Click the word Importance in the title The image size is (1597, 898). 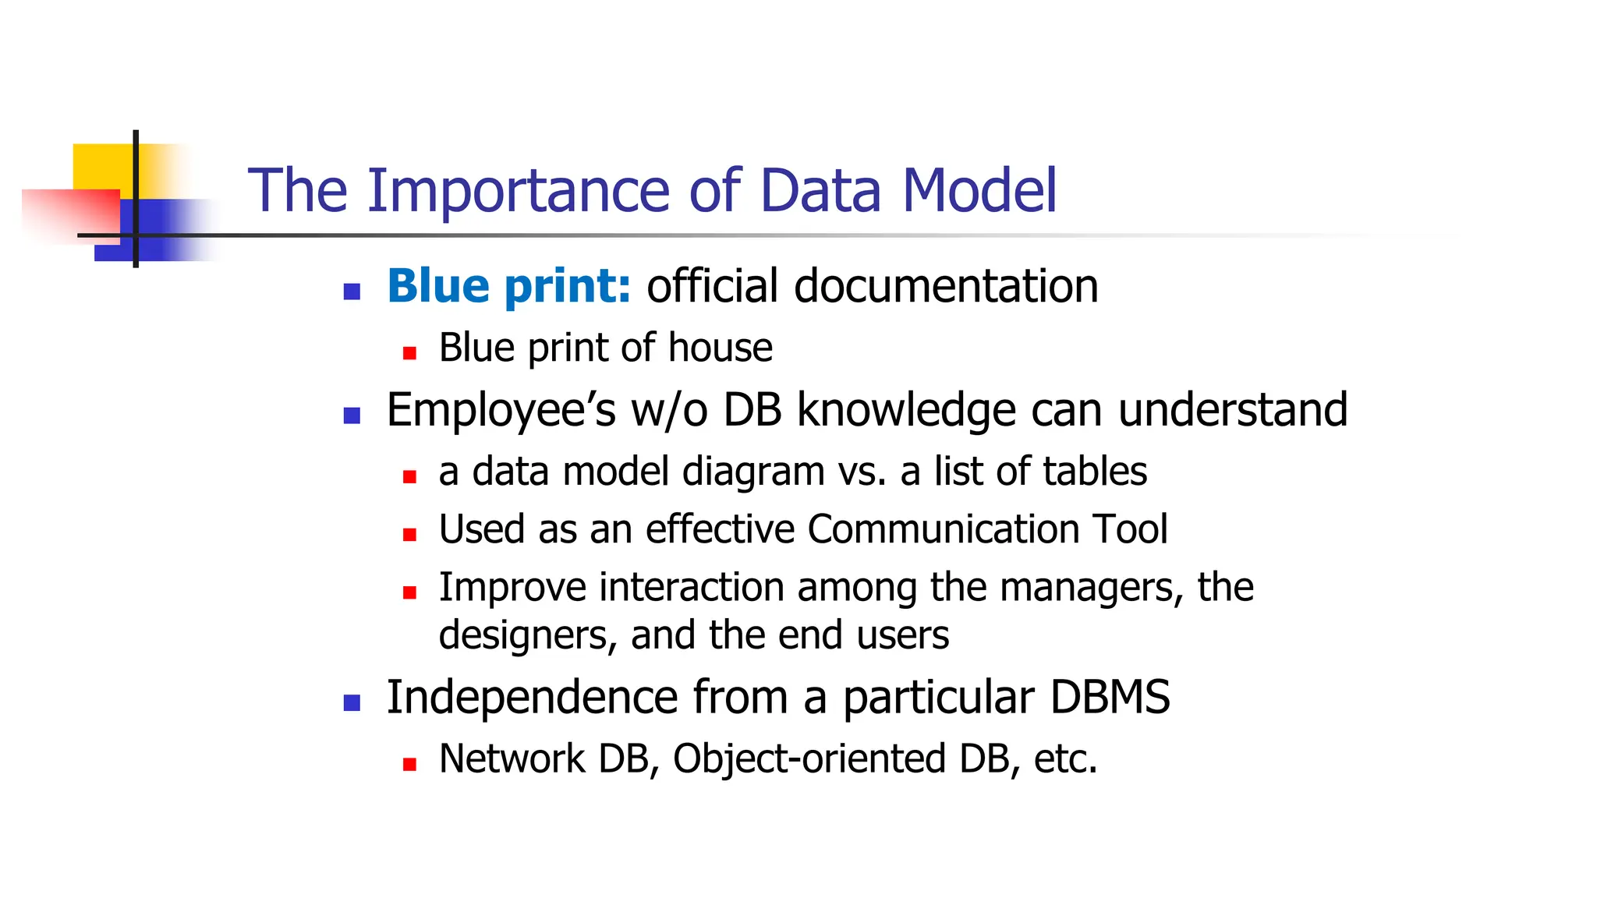pos(518,191)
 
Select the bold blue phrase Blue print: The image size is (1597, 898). pos(508,286)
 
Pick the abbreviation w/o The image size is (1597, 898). pos(669,410)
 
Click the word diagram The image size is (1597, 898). pos(752,472)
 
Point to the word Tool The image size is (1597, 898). pos(1130,529)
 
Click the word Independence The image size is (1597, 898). pos(532,697)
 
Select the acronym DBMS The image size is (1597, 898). pos(1109,697)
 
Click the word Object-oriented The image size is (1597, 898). pos(809,758)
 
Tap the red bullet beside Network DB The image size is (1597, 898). pos(409,765)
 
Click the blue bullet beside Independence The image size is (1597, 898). pos(352,703)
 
